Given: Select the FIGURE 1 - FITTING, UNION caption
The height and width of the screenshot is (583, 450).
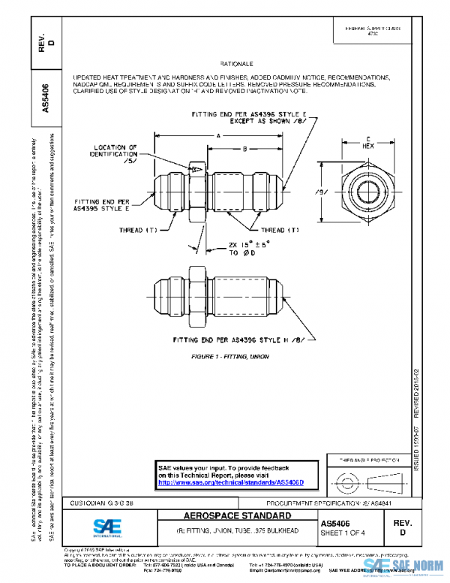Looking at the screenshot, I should [232, 353].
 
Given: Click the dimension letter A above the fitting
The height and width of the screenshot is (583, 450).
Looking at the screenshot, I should [217, 136].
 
